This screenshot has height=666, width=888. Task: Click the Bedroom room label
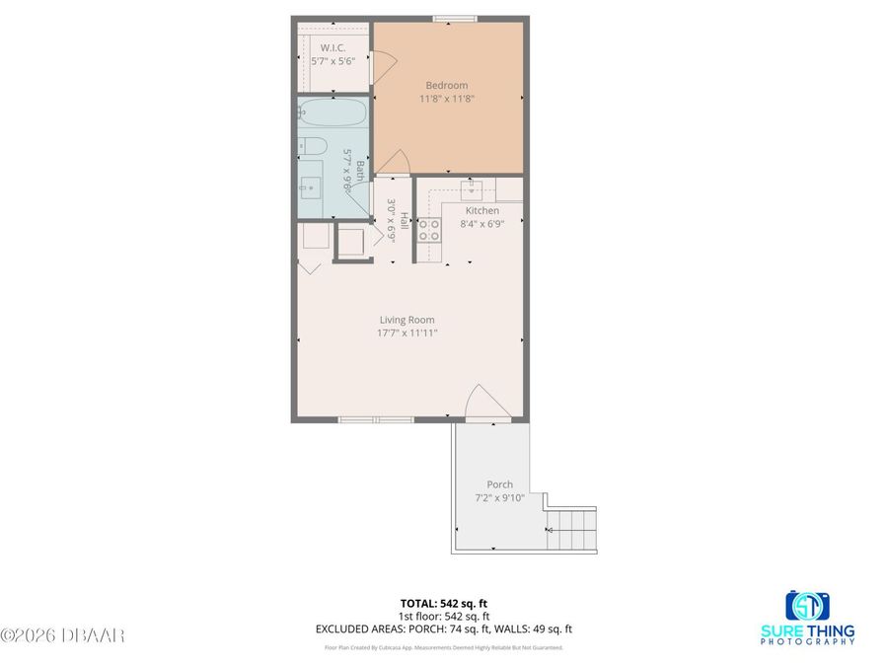tap(446, 85)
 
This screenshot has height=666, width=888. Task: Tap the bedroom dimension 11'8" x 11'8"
tap(446, 99)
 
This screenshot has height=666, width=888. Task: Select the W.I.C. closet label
tap(332, 46)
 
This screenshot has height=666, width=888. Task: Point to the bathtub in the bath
tap(333, 113)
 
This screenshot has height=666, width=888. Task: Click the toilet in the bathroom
tap(311, 147)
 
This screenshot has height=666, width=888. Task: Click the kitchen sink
tap(474, 185)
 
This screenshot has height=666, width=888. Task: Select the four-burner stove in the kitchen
tap(429, 230)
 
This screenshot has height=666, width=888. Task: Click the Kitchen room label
tap(482, 210)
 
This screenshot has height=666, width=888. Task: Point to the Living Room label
tap(407, 320)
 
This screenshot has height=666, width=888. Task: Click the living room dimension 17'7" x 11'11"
tap(407, 333)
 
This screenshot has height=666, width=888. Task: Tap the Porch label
tap(499, 484)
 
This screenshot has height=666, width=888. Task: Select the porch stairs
tap(572, 530)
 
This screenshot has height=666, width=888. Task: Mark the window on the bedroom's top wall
tap(455, 18)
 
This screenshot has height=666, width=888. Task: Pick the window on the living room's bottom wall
tap(376, 420)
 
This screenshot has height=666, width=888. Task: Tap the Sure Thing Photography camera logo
tap(807, 604)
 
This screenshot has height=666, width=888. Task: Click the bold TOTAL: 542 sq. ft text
tap(444, 602)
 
